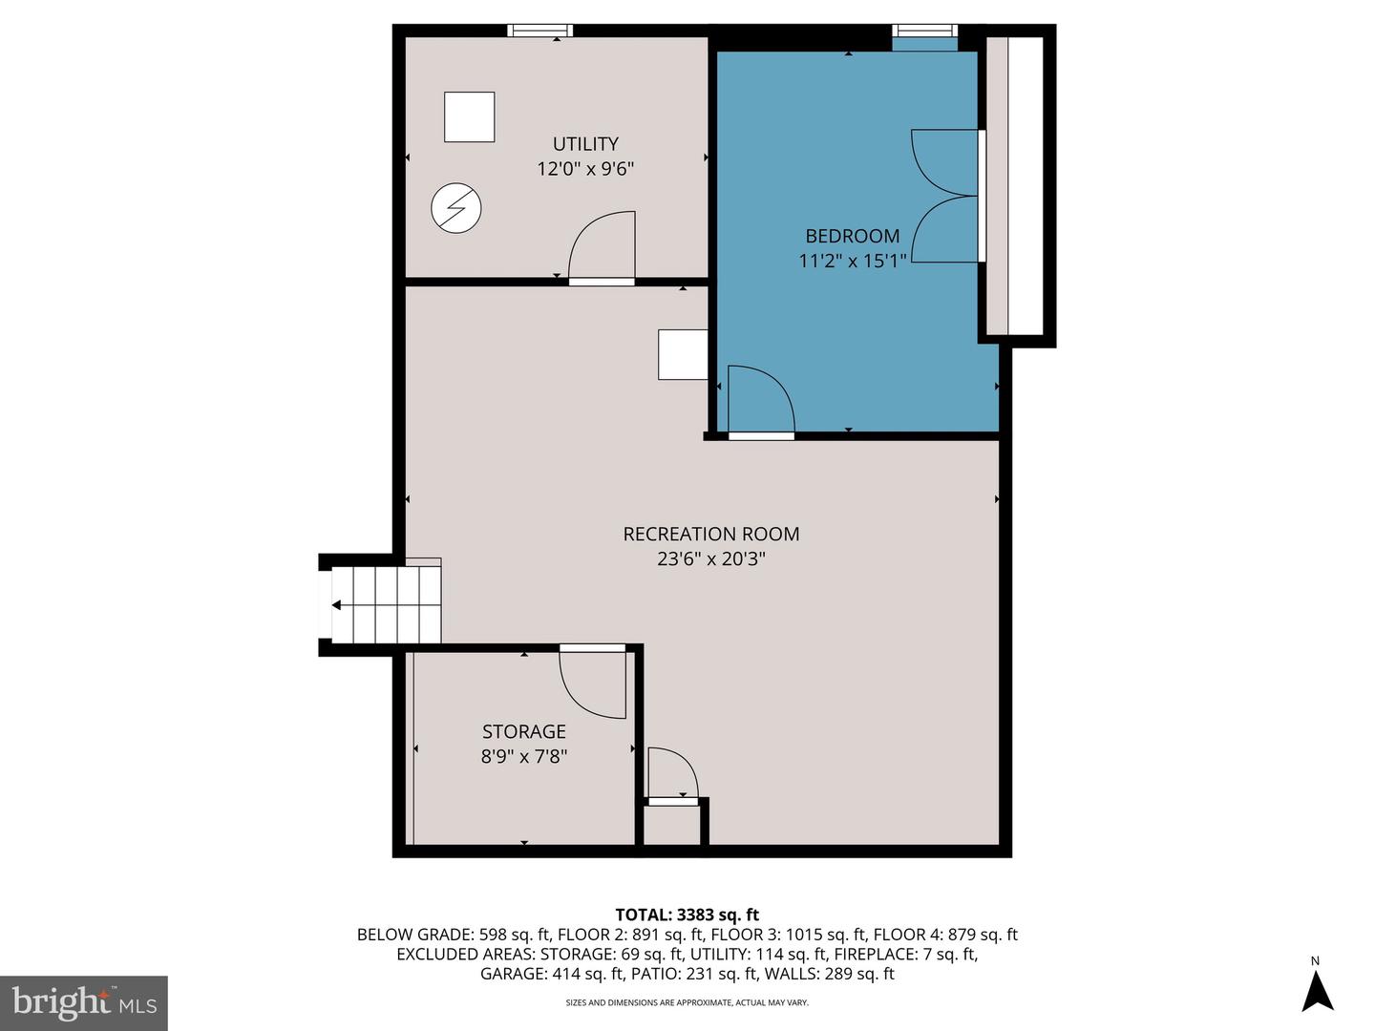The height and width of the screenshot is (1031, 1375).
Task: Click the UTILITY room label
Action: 585,144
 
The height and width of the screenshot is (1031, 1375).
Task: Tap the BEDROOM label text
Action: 852,236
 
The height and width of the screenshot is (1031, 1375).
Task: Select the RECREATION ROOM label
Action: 711,535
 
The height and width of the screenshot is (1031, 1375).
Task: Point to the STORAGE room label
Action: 523,731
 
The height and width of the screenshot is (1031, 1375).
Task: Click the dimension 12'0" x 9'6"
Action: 585,169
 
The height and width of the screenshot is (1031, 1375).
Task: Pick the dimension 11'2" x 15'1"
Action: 852,260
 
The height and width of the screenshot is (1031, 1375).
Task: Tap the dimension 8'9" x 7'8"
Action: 523,756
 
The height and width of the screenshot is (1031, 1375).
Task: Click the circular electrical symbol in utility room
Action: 455,208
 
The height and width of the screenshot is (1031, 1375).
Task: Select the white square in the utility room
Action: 469,116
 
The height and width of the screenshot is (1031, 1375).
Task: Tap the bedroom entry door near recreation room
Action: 760,401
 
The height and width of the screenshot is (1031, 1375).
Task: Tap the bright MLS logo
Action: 83,1002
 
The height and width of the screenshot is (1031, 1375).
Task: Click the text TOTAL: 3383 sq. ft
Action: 687,915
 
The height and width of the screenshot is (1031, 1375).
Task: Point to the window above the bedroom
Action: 924,32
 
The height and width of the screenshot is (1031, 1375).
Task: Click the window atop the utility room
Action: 539,31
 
